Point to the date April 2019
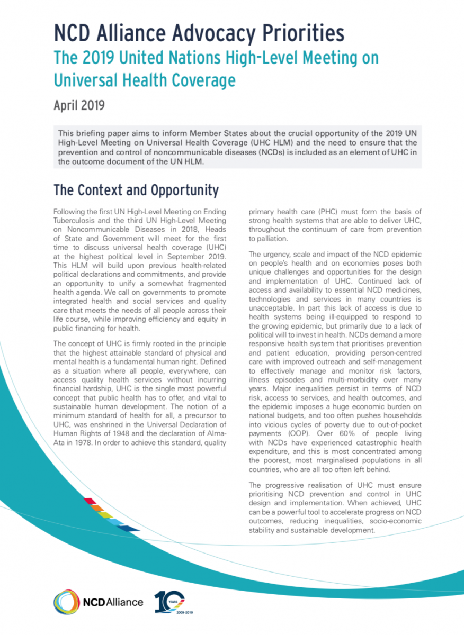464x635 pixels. pyautogui.click(x=79, y=105)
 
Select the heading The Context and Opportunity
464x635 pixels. pyautogui.click(x=136, y=190)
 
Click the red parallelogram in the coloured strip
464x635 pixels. pyautogui.click(x=90, y=501)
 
